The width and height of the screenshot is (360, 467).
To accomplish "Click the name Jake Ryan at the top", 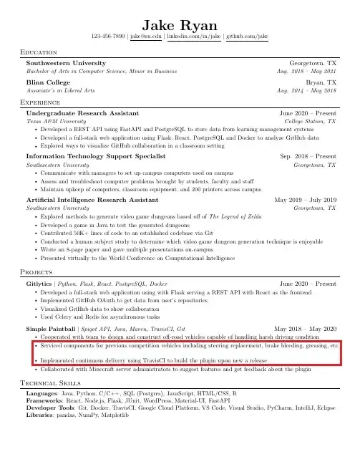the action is [180, 23].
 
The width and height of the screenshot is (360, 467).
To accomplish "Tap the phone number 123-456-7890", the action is [107, 36].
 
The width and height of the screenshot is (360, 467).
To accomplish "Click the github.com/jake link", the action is [248, 36].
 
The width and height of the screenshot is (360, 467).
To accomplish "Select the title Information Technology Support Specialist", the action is [96, 155].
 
